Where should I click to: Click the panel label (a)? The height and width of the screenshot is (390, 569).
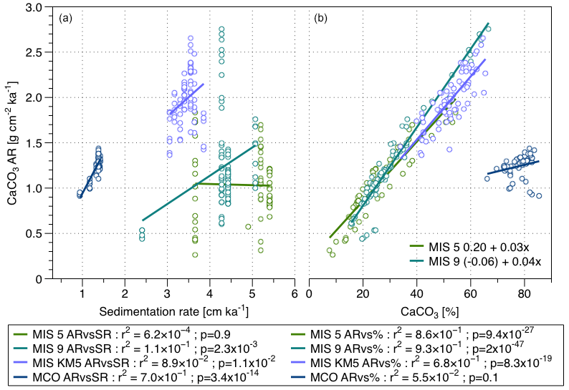pos(64,18)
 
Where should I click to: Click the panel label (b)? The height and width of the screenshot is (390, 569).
pos(320,18)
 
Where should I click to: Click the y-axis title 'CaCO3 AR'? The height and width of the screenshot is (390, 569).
pos(14,143)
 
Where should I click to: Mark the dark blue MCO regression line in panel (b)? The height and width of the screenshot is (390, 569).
pos(512,167)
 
